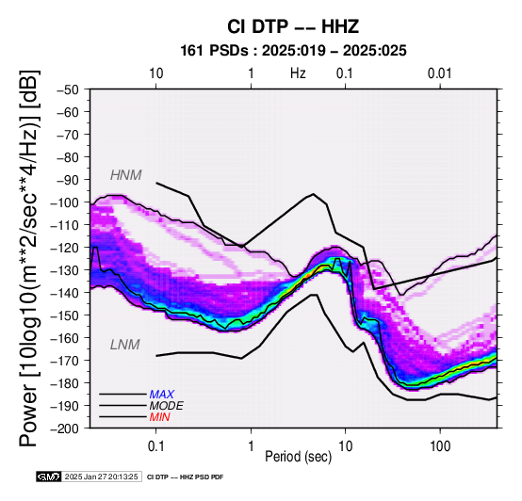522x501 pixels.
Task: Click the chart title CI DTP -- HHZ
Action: click(293, 26)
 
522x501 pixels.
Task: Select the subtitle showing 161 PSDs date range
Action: click(293, 51)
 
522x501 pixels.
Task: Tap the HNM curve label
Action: click(126, 175)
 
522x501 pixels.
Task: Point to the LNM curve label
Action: click(124, 345)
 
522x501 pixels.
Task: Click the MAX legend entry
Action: click(161, 395)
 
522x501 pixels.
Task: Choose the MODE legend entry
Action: click(166, 406)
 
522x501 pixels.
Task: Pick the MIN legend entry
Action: click(159, 417)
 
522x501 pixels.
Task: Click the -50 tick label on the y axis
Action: click(68, 89)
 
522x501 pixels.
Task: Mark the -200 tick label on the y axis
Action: click(65, 428)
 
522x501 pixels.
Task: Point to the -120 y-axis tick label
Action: click(65, 248)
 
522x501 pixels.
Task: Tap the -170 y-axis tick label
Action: click(65, 361)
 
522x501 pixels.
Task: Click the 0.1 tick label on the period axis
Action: click(155, 446)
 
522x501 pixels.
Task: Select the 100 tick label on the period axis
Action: click(440, 446)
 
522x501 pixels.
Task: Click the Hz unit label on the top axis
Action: click(298, 73)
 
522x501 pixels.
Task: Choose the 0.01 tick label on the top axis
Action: click(440, 73)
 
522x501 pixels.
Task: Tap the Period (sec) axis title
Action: click(299, 457)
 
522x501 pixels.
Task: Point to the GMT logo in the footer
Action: click(49, 477)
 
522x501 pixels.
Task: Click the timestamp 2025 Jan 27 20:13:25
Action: click(101, 477)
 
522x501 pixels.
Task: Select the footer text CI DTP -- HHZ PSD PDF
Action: click(185, 477)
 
